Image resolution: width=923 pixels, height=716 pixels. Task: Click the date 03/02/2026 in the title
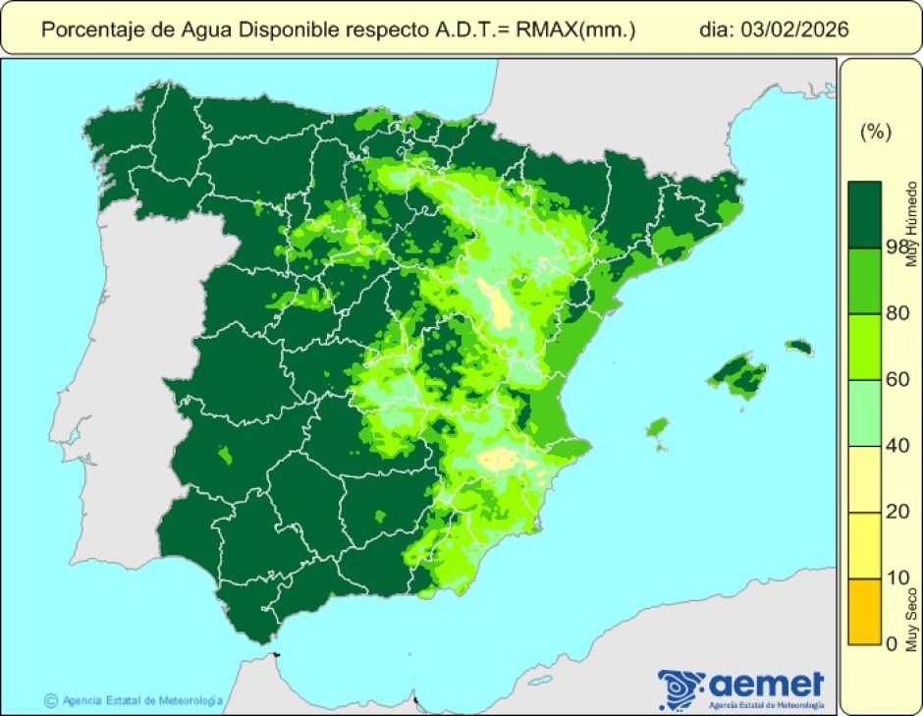click(800, 29)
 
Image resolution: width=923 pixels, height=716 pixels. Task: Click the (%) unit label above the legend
click(875, 133)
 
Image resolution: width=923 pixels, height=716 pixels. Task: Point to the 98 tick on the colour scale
click(896, 247)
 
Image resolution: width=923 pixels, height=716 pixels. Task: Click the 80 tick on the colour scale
click(896, 313)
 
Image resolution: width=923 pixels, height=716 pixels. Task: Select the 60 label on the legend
click(896, 380)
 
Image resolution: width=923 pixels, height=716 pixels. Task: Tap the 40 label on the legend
click(896, 446)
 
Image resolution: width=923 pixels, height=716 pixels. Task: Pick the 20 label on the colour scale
click(896, 512)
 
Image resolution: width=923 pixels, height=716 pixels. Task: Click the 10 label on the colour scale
click(896, 578)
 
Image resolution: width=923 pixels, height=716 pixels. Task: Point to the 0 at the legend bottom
click(892, 643)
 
